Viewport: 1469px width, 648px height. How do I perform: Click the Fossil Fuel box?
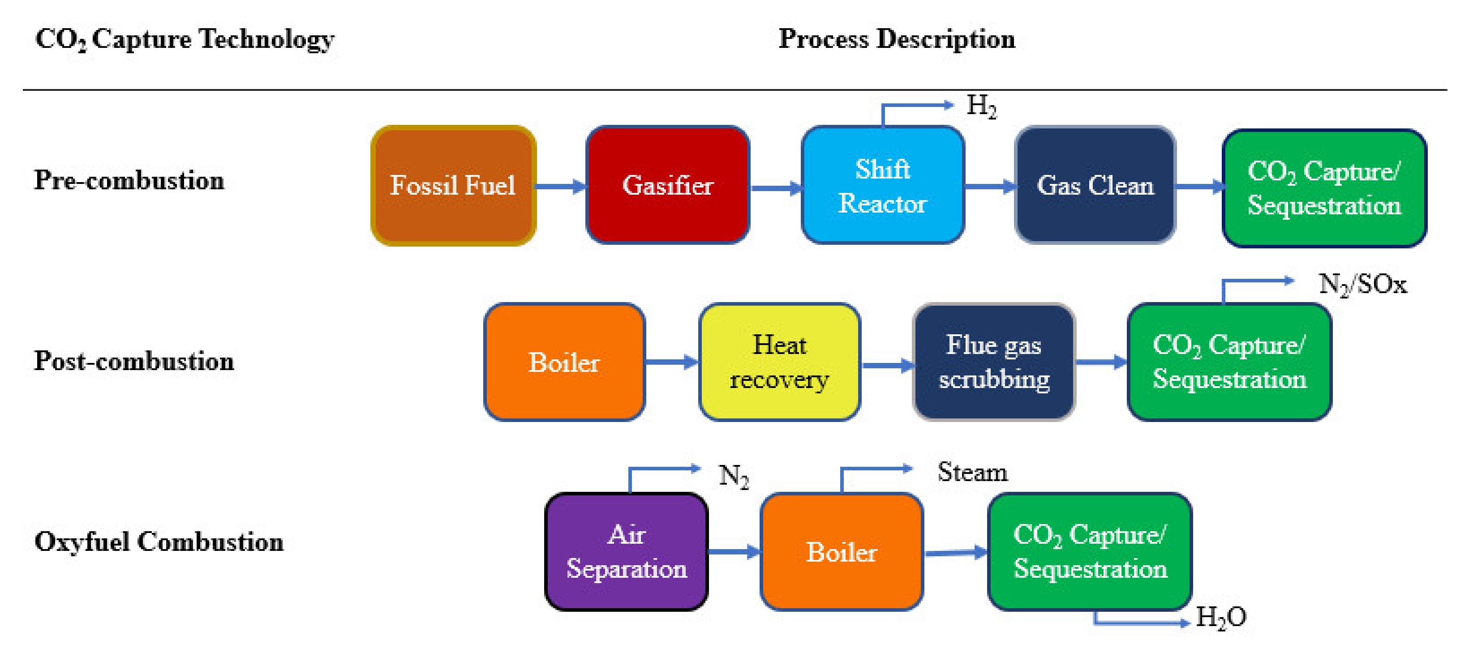tap(453, 186)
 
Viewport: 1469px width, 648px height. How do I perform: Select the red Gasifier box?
tap(667, 186)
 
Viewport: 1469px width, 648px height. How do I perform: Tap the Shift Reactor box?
tap(882, 186)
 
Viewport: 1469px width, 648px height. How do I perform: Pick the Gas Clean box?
tap(1095, 186)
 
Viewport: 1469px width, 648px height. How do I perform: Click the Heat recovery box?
tap(779, 362)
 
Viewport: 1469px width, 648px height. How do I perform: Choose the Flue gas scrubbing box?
tap(993, 362)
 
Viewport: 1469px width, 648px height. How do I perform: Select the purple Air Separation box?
tap(626, 552)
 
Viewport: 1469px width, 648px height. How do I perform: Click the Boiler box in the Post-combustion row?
tap(564, 362)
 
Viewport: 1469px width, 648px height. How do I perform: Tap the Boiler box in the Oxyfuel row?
tap(841, 552)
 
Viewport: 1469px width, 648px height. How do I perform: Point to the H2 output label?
tap(981, 106)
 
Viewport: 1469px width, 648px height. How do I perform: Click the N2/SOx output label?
tap(1362, 284)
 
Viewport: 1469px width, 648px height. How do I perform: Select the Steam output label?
tap(972, 472)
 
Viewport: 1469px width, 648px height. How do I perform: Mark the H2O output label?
tap(1220, 617)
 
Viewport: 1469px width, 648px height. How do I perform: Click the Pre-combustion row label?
tap(129, 180)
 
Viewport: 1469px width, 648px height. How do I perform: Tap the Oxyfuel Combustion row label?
tap(159, 541)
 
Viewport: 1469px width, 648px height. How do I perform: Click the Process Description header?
tap(897, 39)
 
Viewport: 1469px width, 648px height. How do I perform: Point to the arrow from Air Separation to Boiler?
tap(733, 551)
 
